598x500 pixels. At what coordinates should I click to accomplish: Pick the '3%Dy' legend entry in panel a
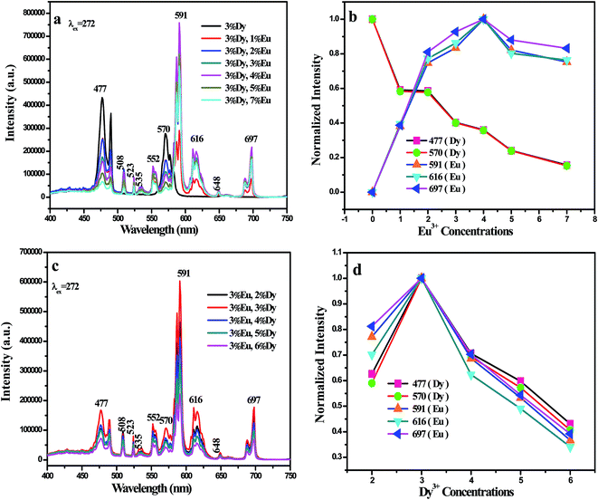coord(244,17)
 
